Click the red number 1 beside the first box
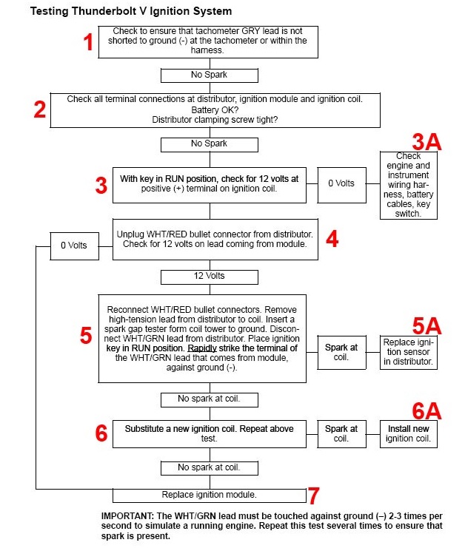pyautogui.click(x=88, y=42)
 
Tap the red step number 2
pyautogui.click(x=39, y=109)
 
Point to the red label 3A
pyautogui.click(x=426, y=142)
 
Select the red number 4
pyautogui.click(x=332, y=239)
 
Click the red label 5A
pyautogui.click(x=426, y=325)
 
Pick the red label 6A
pyautogui.click(x=426, y=410)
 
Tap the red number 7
pyautogui.click(x=313, y=495)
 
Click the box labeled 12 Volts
pyautogui.click(x=210, y=277)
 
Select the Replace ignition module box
pyautogui.click(x=210, y=495)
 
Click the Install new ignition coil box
pyautogui.click(x=408, y=433)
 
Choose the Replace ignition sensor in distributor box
pyautogui.click(x=408, y=352)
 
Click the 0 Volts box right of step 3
pyautogui.click(x=342, y=185)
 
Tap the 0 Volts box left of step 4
pyautogui.click(x=74, y=246)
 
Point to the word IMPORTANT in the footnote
pyautogui.click(x=127, y=516)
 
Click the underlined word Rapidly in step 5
pyautogui.click(x=202, y=348)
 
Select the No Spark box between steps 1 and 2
pyautogui.click(x=210, y=75)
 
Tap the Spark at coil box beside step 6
pyautogui.click(x=342, y=433)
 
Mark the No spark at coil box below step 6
pyautogui.click(x=210, y=468)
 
